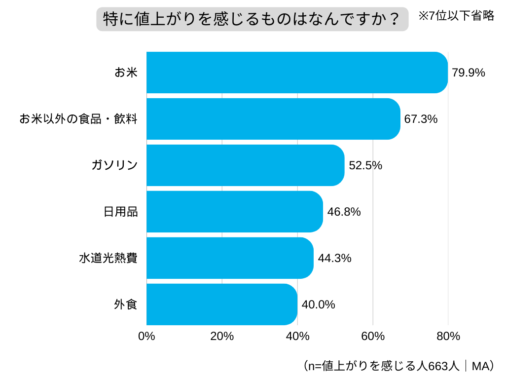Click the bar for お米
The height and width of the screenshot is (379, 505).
point(297,73)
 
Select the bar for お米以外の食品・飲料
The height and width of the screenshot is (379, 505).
point(273,119)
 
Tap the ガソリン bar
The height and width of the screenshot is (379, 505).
point(245,165)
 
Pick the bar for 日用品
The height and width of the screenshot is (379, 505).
point(235,212)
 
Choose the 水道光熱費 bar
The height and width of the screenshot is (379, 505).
point(230,258)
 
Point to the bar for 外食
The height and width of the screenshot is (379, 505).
point(222,304)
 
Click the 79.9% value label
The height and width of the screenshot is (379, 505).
point(469,73)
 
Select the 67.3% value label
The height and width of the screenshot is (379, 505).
point(421,119)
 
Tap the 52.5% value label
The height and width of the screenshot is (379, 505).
point(365,166)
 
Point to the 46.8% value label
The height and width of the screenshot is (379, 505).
point(344,212)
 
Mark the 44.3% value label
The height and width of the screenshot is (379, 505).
point(334,259)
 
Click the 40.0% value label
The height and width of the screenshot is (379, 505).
point(318,305)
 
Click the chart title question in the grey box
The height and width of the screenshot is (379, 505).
point(252,19)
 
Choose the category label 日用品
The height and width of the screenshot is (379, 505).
point(120,212)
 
